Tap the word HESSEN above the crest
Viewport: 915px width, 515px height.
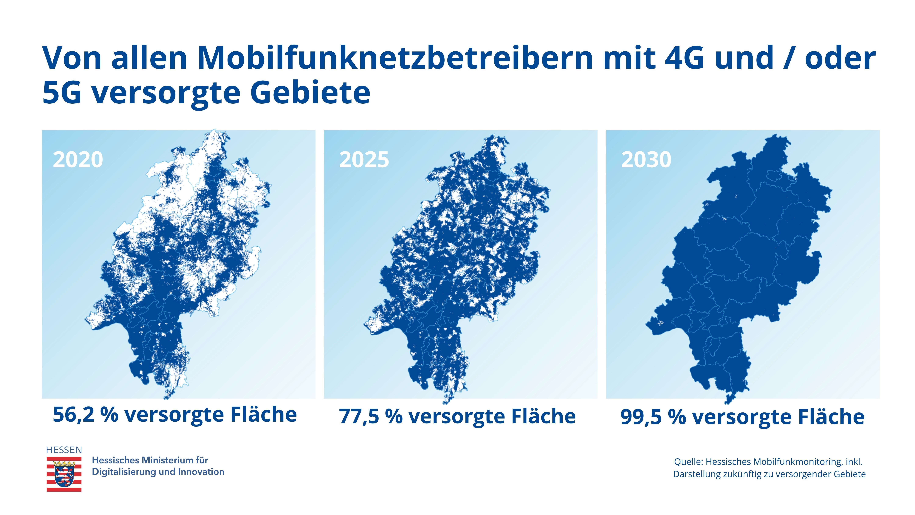64,450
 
